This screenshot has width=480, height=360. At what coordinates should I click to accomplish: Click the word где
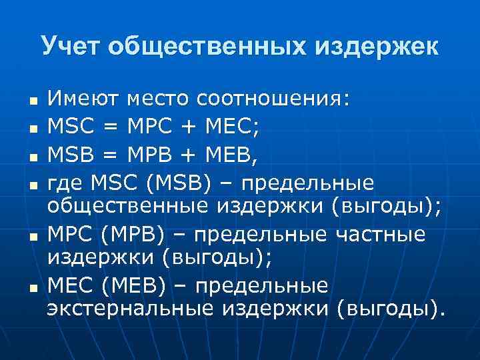coord(65,183)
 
